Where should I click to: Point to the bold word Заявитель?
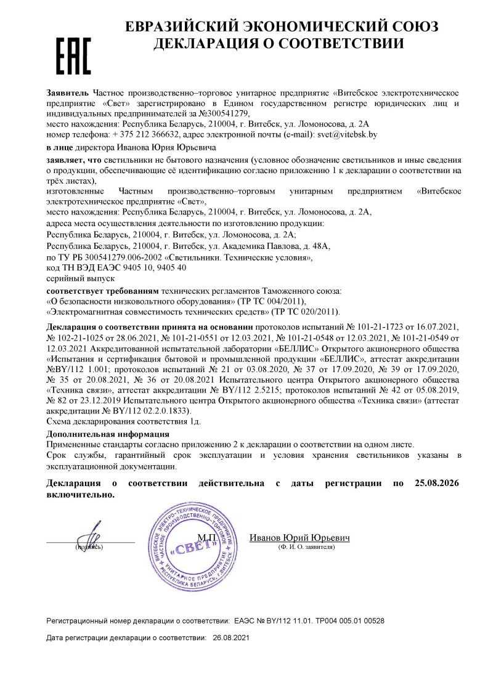(68, 92)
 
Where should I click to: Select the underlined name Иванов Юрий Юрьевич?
(299, 538)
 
